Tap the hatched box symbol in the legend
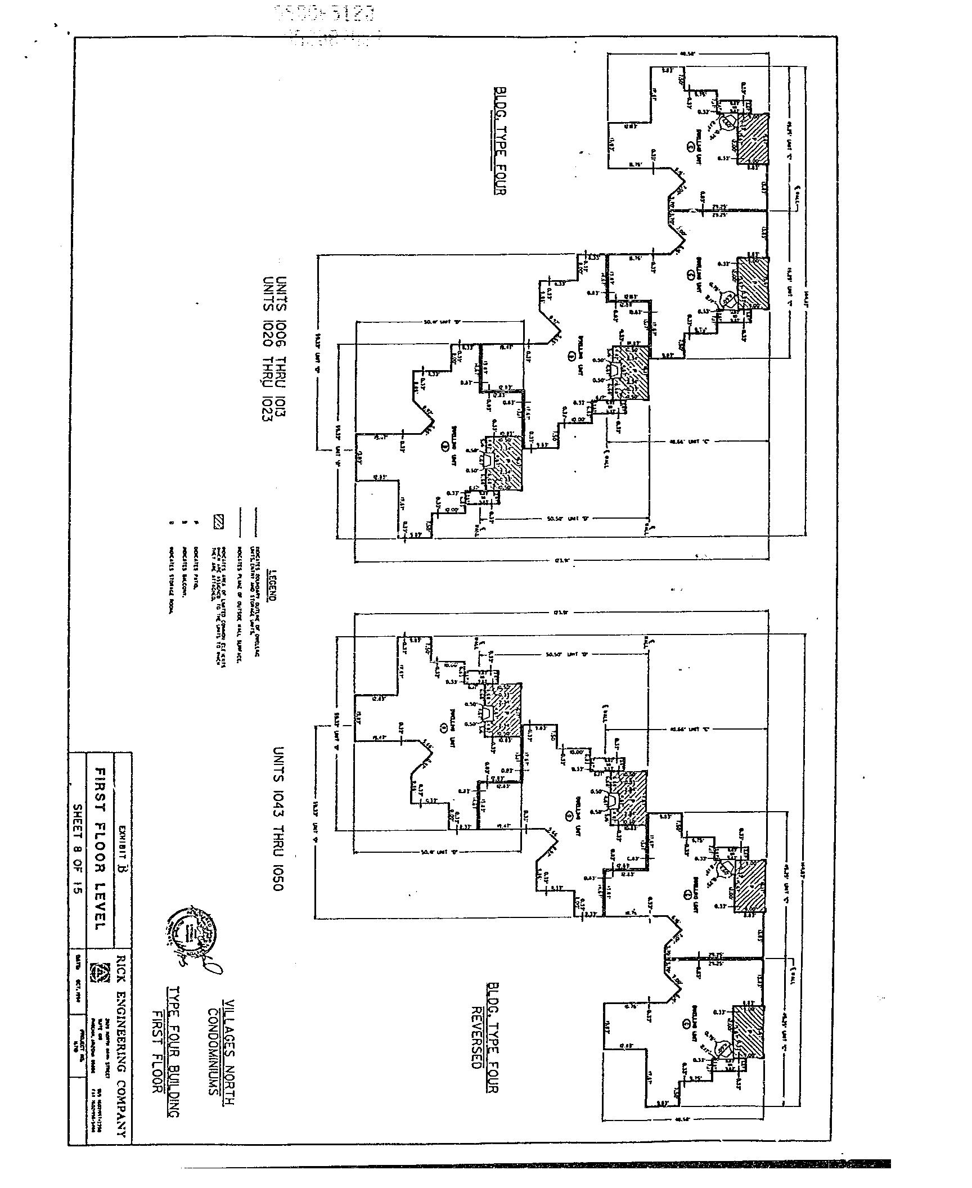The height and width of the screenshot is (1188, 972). [x=218, y=522]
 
